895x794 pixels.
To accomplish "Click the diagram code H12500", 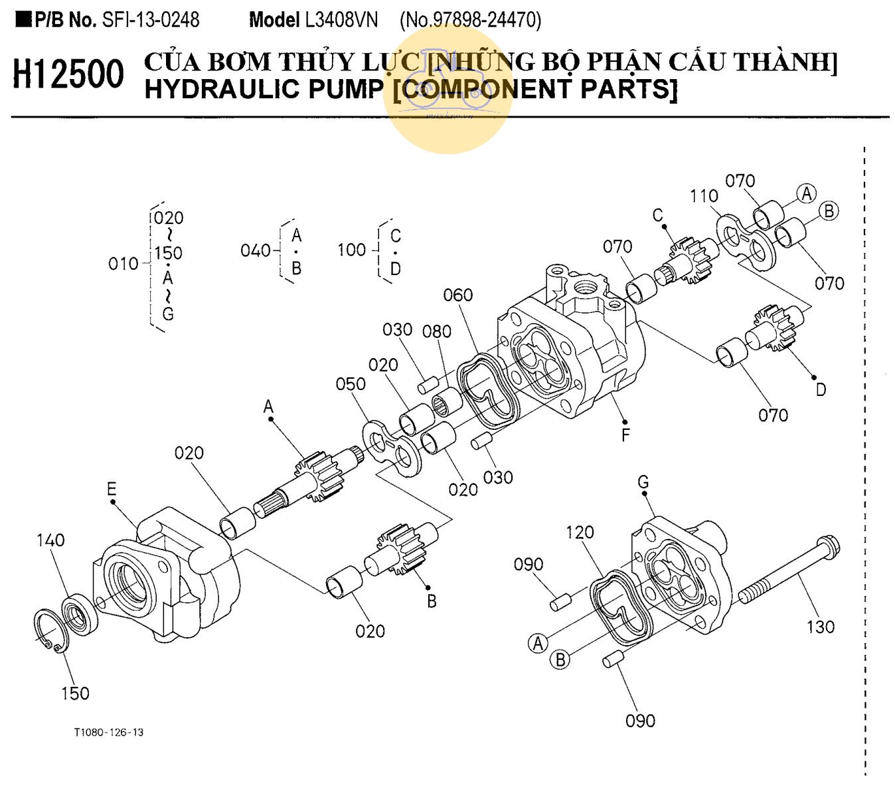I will (x=68, y=74).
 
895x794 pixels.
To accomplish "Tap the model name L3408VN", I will (x=341, y=20).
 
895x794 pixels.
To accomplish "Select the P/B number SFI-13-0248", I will (x=151, y=20).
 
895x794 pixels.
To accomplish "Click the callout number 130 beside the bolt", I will (x=820, y=627).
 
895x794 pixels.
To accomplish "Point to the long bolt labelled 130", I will (x=790, y=571).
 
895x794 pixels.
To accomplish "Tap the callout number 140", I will (x=50, y=540).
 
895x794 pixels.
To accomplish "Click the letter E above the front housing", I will (x=111, y=490).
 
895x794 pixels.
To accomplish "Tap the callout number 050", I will (x=351, y=384).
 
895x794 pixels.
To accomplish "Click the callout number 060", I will (x=457, y=295).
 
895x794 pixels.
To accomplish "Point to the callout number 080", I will (x=437, y=331).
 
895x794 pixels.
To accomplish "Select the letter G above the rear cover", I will (x=643, y=482).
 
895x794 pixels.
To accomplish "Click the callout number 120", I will (x=580, y=532).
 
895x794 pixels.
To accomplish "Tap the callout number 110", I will (x=704, y=196).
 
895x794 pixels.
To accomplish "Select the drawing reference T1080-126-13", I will (x=109, y=732).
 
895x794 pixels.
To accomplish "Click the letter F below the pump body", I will (x=625, y=435).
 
